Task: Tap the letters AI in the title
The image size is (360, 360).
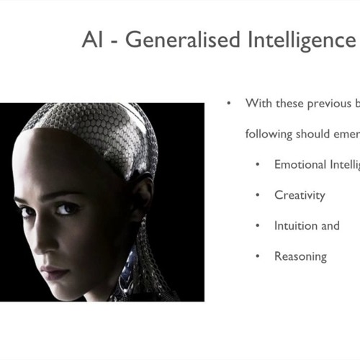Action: coord(91,41)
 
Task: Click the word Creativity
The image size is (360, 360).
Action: coord(300,195)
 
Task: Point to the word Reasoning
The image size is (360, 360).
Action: coord(300,256)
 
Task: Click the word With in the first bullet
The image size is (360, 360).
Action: coord(258,103)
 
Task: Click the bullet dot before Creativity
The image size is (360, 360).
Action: coord(258,195)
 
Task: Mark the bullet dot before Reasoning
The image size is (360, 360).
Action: coord(258,256)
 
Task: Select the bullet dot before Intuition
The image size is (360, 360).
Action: coord(258,225)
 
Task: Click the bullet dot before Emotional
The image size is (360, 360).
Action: coord(258,164)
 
